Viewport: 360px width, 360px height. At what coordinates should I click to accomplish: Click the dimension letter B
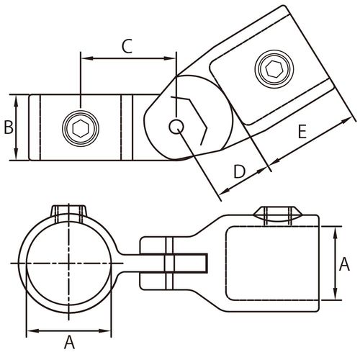9,127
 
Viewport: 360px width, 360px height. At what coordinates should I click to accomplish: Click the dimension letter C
127,46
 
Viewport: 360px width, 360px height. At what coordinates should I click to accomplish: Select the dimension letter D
239,171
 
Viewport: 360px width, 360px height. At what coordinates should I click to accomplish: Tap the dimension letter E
302,132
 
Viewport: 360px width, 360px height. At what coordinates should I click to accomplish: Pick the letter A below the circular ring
69,342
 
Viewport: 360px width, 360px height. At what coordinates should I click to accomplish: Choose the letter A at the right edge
344,264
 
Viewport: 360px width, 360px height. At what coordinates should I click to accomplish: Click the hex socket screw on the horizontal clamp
81,128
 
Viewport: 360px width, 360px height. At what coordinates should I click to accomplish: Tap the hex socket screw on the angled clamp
274,69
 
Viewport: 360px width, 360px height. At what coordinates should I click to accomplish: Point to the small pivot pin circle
176,127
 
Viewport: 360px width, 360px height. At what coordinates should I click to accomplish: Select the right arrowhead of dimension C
170,58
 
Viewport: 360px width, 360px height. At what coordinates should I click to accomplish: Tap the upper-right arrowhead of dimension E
345,121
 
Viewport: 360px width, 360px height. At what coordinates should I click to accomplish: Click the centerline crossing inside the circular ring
69,264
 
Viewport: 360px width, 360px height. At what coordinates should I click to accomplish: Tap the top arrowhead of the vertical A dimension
336,232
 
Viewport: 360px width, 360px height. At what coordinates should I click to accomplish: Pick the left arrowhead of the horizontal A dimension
32,331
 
